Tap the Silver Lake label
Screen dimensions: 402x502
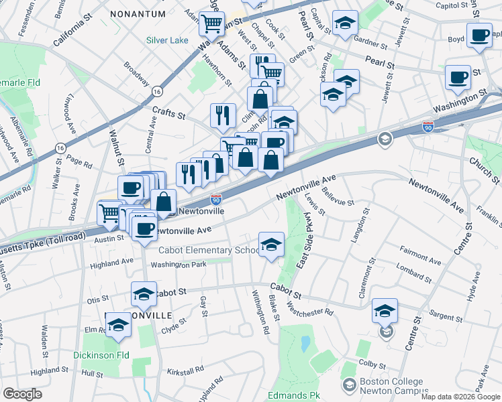point(168,40)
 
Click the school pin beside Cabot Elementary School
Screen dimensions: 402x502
point(271,245)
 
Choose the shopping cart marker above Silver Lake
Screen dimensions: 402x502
point(211,24)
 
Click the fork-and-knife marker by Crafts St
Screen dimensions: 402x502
point(223,115)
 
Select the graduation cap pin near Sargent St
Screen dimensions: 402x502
point(385,311)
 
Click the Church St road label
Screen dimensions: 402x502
point(484,171)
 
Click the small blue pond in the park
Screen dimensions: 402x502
point(306,344)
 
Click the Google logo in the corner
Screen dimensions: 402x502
point(22,394)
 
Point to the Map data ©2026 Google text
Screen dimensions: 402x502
point(460,397)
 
